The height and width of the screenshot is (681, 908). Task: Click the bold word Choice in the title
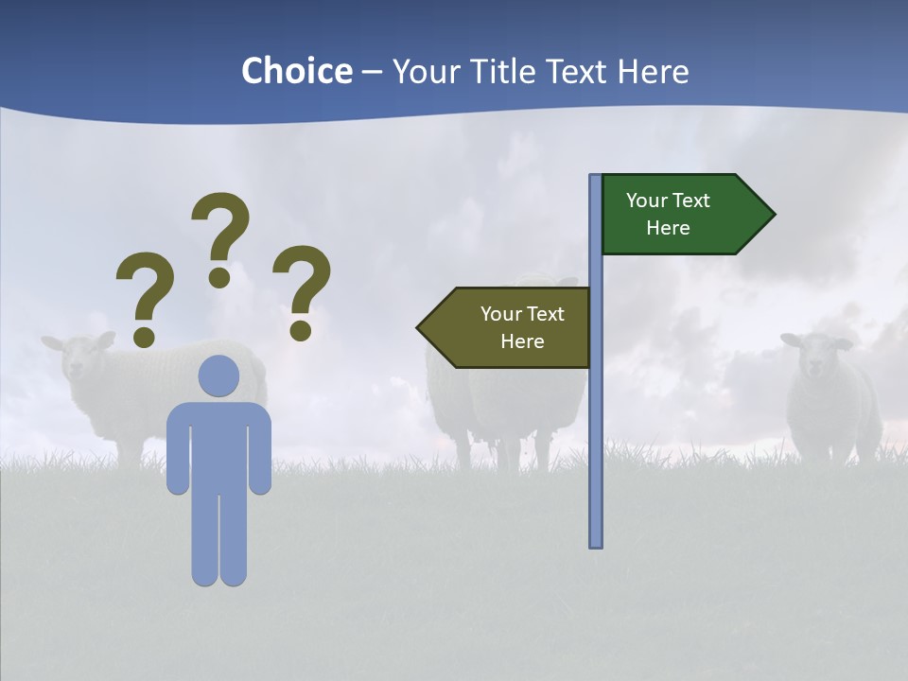coord(296,71)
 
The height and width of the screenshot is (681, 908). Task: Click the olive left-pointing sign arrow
coord(506,327)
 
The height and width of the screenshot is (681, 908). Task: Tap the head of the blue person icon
coord(218,376)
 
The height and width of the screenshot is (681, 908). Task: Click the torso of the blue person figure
coord(218,445)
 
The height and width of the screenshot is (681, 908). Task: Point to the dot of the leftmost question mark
coord(144,336)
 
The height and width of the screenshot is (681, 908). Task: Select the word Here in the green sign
coord(668,228)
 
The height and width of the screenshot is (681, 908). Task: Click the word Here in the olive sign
coord(522,341)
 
